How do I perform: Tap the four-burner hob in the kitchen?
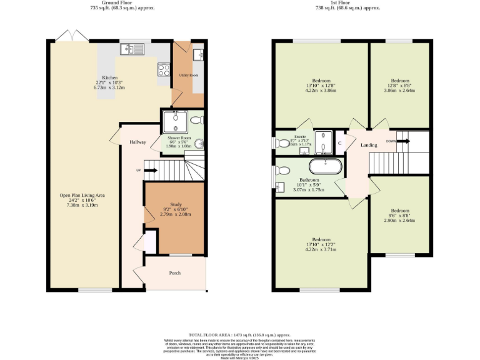[164, 70]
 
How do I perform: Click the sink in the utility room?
[198, 55]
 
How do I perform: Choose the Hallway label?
[137, 142]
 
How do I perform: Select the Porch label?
[175, 273]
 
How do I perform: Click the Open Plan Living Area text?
[82, 196]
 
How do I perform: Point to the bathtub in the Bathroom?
[325, 167]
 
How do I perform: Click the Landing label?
[369, 145]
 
